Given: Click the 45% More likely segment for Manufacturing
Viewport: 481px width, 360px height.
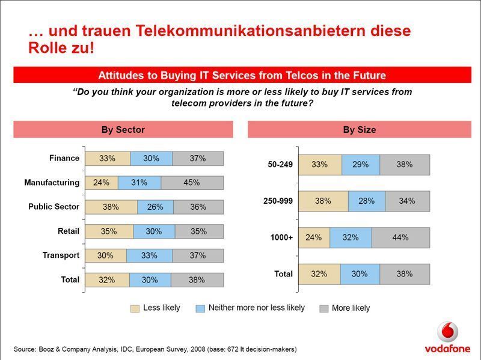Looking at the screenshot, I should tap(192, 183).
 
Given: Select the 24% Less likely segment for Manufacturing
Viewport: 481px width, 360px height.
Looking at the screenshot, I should tap(101, 183).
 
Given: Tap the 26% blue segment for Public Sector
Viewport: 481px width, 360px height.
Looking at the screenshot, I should tap(155, 207).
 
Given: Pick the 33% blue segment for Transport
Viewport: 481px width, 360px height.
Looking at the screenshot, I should tap(149, 255).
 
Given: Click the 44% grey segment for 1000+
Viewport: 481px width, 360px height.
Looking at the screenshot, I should tap(400, 237).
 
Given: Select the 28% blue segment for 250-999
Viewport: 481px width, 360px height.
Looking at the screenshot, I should tap(367, 201).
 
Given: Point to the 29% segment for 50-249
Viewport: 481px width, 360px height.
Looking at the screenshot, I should tap(361, 165).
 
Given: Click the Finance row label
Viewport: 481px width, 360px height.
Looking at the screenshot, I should tap(64, 158).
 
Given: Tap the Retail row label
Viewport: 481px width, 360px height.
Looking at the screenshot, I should tap(68, 231).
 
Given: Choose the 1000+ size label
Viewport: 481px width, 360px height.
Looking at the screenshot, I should tap(281, 237).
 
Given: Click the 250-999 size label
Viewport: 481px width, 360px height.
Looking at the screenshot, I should tap(278, 201).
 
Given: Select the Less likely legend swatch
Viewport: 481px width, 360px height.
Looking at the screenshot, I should tap(135, 308).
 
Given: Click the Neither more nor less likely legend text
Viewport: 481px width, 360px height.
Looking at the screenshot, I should tap(256, 308).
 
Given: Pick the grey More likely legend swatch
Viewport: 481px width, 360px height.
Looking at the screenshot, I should tap(323, 308).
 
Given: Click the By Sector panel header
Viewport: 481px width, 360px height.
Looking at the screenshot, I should tap(123, 130).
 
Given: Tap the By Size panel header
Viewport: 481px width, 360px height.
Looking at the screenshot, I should tap(359, 130).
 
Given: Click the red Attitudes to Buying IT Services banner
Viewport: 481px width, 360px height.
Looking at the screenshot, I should tap(242, 75).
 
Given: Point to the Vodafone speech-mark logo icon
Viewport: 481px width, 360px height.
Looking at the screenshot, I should tap(447, 332).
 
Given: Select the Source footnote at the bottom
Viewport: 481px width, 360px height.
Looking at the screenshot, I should tap(155, 349).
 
